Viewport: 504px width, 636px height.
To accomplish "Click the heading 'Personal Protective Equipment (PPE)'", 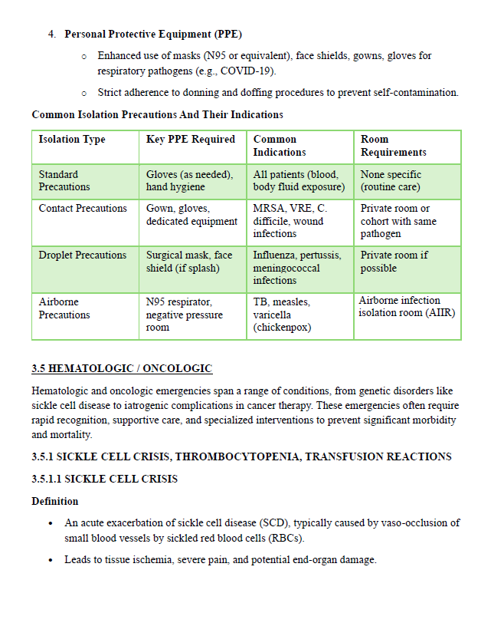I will click(153, 35).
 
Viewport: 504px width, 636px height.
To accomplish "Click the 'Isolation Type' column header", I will click(72, 140).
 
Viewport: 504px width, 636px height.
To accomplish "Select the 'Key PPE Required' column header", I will click(190, 140).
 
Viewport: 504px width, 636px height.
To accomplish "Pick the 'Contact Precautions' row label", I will click(83, 209).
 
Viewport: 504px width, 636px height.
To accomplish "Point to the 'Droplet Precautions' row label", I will click(83, 255).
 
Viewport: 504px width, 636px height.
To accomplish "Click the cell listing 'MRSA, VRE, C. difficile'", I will click(289, 221).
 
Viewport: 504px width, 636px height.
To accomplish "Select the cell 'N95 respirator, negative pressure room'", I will click(185, 315).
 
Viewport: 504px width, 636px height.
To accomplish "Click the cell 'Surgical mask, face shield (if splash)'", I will click(189, 262).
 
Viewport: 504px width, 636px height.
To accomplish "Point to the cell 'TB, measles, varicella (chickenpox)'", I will click(282, 315).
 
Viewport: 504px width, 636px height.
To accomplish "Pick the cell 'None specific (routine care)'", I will click(390, 180).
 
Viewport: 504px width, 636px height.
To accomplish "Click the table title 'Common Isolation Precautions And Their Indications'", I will click(157, 115).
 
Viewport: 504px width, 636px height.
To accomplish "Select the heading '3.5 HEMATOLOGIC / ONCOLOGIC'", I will click(122, 369).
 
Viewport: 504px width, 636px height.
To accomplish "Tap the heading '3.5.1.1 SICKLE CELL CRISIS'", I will click(104, 479).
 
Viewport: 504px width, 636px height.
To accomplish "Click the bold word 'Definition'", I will click(54, 502).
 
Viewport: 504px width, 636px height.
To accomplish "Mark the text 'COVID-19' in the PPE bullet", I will click(250, 71).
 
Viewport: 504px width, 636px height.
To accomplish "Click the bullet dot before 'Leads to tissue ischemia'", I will click(50, 560).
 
